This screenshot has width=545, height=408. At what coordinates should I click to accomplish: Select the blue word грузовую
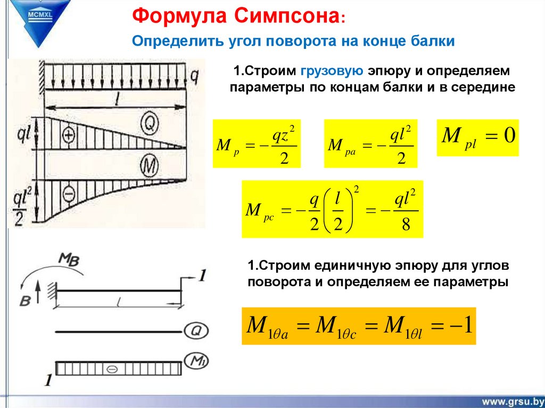point(332,71)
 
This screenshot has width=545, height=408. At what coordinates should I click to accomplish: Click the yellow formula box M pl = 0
point(477,137)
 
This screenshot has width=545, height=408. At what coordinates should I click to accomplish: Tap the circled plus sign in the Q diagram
point(69,135)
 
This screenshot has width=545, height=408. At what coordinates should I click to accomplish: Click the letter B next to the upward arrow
point(24,301)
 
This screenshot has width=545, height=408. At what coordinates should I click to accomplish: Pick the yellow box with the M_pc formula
point(332,209)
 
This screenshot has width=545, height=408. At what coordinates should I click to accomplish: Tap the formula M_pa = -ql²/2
point(370,144)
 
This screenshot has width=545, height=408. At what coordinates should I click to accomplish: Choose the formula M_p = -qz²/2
point(257,144)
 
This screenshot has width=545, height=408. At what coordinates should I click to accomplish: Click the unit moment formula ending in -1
point(359,326)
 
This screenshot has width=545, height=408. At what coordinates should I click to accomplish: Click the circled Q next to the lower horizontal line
point(195,331)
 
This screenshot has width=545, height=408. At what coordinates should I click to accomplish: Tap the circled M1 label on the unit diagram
point(195,362)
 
